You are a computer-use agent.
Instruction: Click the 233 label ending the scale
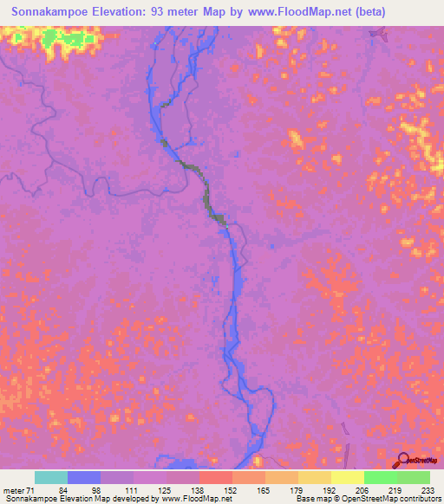(427, 489)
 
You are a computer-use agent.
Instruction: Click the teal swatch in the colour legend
(51, 477)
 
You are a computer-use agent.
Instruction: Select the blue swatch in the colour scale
(84, 477)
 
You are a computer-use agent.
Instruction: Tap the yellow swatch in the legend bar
(347, 477)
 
